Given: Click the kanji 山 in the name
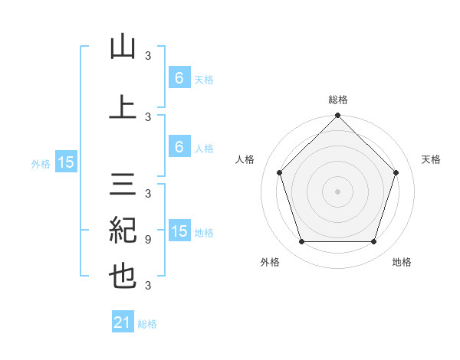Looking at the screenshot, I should click(x=123, y=47).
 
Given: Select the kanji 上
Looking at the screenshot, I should click(x=123, y=108).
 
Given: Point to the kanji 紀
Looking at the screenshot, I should click(x=123, y=231).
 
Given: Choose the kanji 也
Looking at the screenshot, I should click(x=123, y=277).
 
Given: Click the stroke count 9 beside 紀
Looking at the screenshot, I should click(x=148, y=239).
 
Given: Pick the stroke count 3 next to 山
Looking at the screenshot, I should click(x=148, y=55).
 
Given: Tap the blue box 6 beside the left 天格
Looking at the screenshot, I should click(x=179, y=78).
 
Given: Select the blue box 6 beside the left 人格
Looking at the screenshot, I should click(x=179, y=147).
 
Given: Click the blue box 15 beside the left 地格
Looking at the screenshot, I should click(x=179, y=231).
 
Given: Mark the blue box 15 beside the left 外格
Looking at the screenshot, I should click(x=66, y=162).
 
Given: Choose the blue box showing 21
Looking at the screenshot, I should click(x=123, y=323).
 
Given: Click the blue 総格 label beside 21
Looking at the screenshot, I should click(x=147, y=325).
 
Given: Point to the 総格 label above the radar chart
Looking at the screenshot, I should click(x=338, y=100).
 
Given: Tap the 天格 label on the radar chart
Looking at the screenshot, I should click(x=432, y=159).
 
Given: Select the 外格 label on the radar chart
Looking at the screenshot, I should click(x=270, y=262).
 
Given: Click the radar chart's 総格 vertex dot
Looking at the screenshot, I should click(x=338, y=116).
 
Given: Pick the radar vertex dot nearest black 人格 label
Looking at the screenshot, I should click(x=280, y=172).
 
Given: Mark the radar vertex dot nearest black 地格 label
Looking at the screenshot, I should click(x=373, y=241).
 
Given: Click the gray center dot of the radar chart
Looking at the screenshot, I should click(x=338, y=191).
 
